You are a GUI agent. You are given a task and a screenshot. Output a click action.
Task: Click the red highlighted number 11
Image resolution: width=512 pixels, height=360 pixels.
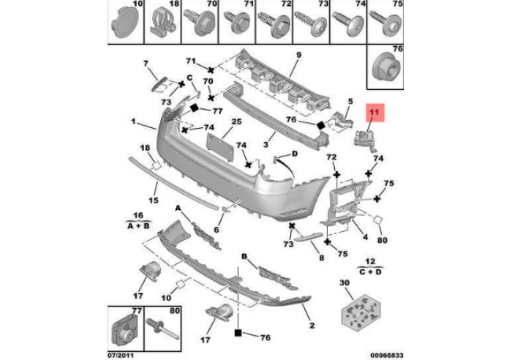tap(374, 113)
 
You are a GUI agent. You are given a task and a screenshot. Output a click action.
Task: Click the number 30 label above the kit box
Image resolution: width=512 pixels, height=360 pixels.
tap(345, 283)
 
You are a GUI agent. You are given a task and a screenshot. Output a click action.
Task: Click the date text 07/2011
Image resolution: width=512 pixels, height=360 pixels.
tap(122, 356)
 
